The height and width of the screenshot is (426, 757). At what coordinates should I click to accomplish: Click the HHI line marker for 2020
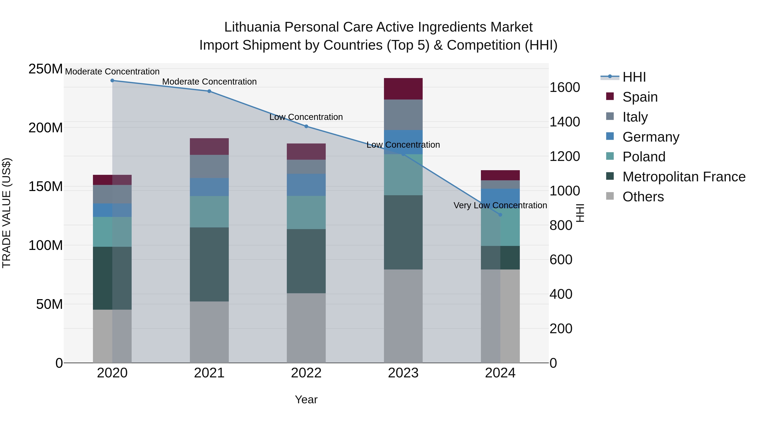(x=112, y=81)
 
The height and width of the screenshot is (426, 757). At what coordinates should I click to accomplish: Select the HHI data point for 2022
(x=306, y=126)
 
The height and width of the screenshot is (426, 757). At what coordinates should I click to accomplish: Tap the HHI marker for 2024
(x=500, y=215)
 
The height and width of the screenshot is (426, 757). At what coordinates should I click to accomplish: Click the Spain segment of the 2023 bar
(x=403, y=89)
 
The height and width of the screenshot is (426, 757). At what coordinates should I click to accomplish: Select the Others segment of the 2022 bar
(x=306, y=328)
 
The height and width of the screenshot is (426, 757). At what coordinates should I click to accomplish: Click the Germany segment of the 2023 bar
(x=403, y=142)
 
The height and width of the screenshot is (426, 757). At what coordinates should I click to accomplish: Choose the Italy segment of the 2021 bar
(x=209, y=166)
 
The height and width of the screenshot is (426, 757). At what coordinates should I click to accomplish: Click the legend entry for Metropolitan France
(x=684, y=177)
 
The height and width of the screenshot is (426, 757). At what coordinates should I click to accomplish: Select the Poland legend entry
(x=644, y=157)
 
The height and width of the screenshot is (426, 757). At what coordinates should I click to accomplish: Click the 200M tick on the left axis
(x=46, y=128)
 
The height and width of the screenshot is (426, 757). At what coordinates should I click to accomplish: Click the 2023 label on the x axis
(x=403, y=373)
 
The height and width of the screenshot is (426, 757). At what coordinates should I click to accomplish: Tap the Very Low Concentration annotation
(x=500, y=205)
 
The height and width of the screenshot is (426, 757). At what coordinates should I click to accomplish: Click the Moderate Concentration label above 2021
(x=209, y=82)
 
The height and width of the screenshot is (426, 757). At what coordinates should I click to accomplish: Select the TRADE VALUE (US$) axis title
(x=7, y=213)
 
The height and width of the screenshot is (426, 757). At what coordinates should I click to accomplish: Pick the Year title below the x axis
(x=306, y=399)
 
